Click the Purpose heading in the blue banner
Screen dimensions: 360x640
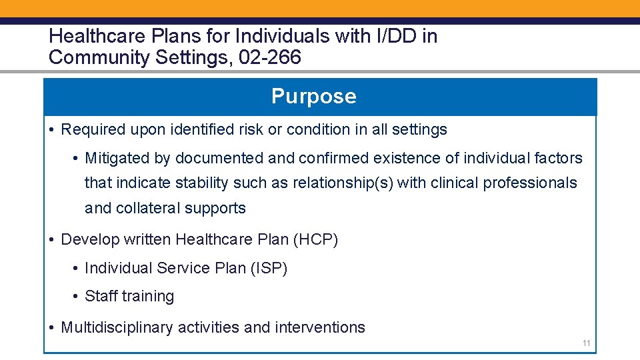(313, 97)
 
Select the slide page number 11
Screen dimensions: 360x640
(587, 343)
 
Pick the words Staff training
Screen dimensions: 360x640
(129, 296)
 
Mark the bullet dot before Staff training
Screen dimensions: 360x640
(77, 297)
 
